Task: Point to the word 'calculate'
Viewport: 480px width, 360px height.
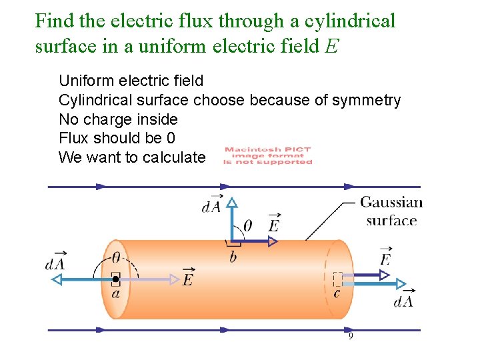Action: pos(177,157)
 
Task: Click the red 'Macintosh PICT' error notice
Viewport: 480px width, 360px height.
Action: pos(267,155)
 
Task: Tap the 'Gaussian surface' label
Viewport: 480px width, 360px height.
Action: pos(391,211)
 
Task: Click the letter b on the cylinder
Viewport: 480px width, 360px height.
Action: pos(233,257)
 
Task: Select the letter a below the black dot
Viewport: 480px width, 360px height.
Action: pos(116,293)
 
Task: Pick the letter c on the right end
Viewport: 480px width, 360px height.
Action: pos(337,293)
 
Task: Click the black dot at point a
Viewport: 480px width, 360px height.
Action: pos(116,279)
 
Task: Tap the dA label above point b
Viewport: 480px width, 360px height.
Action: pos(211,206)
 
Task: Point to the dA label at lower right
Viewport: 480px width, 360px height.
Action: pos(404,301)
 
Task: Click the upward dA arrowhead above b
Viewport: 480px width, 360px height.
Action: pos(231,203)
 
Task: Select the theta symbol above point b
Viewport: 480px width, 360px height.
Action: pos(247,227)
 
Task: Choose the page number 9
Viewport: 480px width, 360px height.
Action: pos(351,337)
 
